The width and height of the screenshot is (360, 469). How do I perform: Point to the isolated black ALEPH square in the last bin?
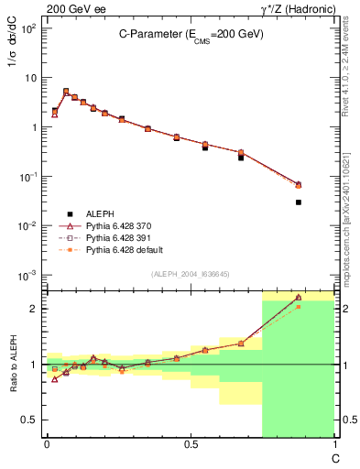299,202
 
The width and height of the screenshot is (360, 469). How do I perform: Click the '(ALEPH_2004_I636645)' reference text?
191,274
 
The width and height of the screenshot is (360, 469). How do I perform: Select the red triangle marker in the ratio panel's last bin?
299,298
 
